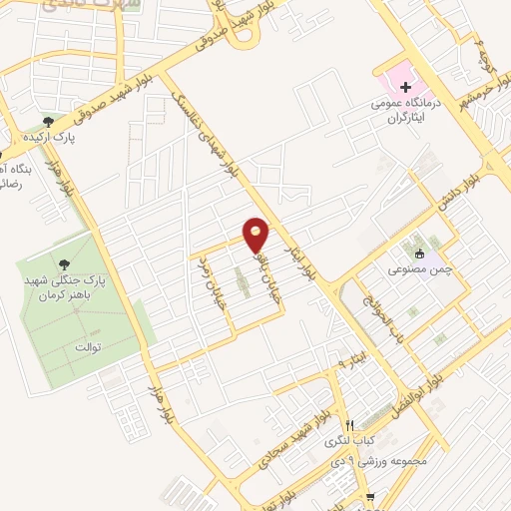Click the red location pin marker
tap(256, 234)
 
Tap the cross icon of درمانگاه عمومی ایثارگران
tap(405, 87)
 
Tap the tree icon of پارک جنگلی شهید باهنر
tap(65, 264)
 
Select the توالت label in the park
tap(90, 347)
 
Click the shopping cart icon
tap(370, 496)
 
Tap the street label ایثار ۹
tap(352, 356)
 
